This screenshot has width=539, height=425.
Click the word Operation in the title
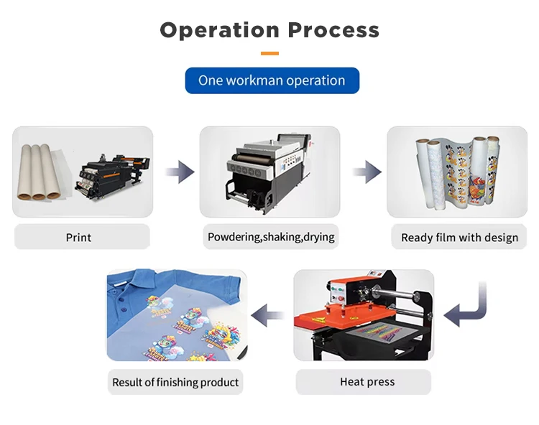[219, 30]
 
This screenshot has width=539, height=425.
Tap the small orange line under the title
[269, 53]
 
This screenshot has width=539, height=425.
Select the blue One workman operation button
[272, 80]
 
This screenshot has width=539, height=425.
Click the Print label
[79, 237]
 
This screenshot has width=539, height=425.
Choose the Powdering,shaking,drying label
[271, 237]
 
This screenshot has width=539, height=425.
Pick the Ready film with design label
[459, 238]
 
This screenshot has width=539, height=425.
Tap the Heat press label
[367, 382]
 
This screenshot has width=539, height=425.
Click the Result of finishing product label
[175, 383]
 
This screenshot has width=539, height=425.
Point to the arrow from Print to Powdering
[179, 172]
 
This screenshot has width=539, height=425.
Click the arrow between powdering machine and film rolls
[367, 172]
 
